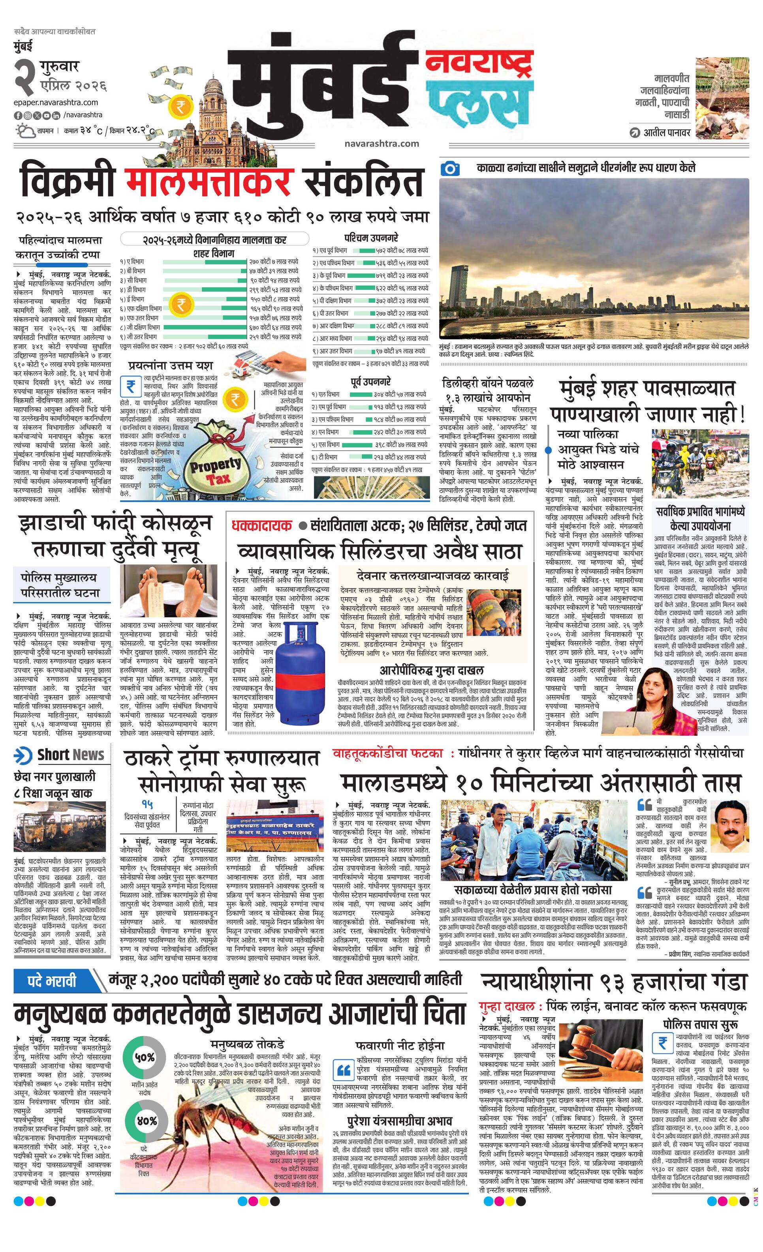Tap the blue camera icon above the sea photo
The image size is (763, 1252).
[450, 168]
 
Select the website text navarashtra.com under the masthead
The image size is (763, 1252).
[381, 143]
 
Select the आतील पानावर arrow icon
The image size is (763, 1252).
[634, 133]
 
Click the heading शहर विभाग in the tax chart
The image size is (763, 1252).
[214, 253]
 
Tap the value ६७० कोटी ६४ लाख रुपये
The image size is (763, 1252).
[274, 327]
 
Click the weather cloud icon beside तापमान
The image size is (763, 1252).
[24, 131]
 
